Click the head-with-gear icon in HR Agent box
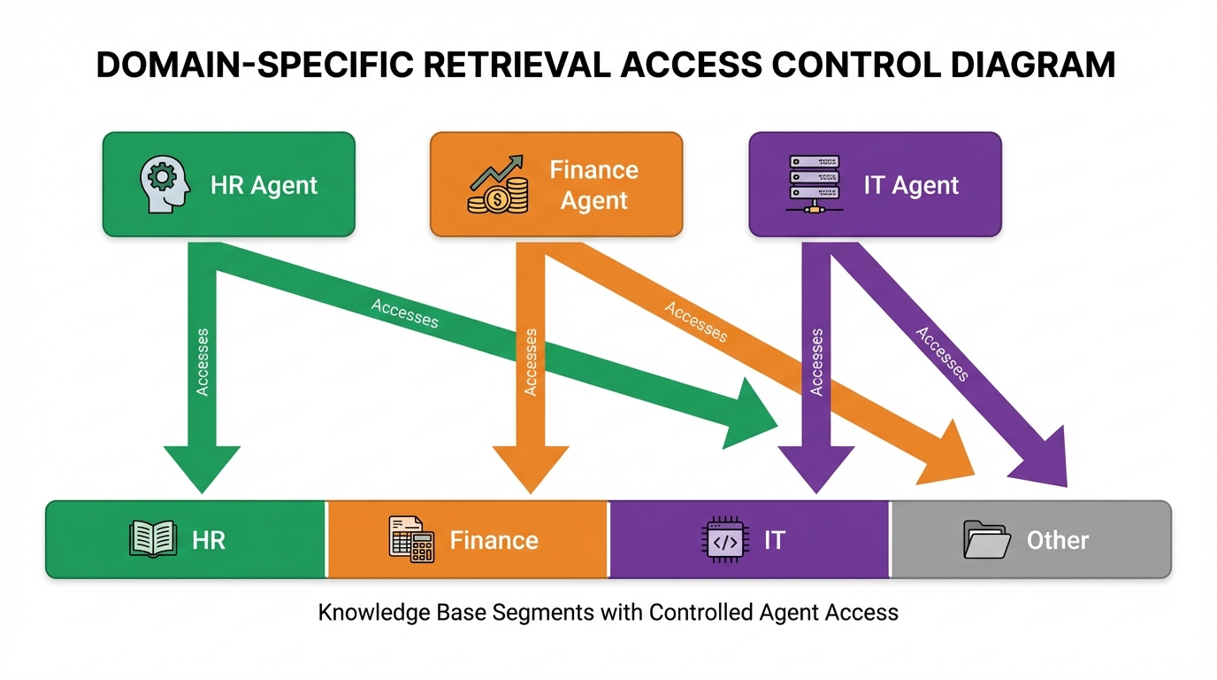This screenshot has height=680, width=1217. click(165, 184)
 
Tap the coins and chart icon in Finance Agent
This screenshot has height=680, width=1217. click(498, 185)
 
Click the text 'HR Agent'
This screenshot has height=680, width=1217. click(264, 185)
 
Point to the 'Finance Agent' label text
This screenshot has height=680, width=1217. click(593, 185)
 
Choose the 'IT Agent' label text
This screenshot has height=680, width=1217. click(911, 185)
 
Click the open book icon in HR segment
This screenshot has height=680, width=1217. click(153, 539)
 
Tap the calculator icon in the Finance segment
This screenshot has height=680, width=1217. click(412, 538)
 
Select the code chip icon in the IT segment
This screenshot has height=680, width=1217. click(724, 539)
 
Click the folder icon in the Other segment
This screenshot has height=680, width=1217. click(986, 539)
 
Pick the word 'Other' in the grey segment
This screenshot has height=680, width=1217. click(1057, 540)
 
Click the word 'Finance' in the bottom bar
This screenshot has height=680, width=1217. click(494, 540)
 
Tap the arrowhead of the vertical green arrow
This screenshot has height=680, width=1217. click(203, 466)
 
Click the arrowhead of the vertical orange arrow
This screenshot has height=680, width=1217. click(530, 466)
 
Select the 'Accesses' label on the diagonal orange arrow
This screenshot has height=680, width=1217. click(696, 322)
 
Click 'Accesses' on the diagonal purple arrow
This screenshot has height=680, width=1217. click(942, 353)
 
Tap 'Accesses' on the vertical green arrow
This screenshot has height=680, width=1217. click(203, 361)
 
